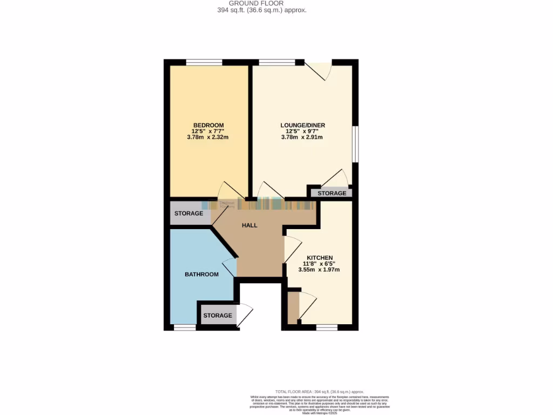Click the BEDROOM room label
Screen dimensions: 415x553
pyautogui.click(x=208, y=125)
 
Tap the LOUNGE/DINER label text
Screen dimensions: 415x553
pyautogui.click(x=302, y=125)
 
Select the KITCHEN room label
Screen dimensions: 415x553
pyautogui.click(x=319, y=258)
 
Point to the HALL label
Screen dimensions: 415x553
pyautogui.click(x=249, y=225)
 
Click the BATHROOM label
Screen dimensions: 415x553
pyautogui.click(x=201, y=275)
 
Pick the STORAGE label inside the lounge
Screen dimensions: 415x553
pyautogui.click(x=332, y=193)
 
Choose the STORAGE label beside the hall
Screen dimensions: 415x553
pyautogui.click(x=188, y=213)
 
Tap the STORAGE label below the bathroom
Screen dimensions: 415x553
pyautogui.click(x=217, y=316)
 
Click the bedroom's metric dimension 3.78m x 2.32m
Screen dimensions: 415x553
pyautogui.click(x=208, y=137)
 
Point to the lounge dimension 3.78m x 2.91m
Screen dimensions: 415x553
pyautogui.click(x=302, y=137)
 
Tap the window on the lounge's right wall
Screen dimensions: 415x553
pyautogui.click(x=355, y=143)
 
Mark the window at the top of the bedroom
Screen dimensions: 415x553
pyautogui.click(x=204, y=62)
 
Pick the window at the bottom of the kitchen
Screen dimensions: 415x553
pyautogui.click(x=327, y=327)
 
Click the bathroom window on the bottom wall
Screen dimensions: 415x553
pyautogui.click(x=184, y=327)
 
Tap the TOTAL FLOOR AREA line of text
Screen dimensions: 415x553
pyautogui.click(x=319, y=391)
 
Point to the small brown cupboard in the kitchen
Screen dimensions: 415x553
pyautogui.click(x=292, y=306)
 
